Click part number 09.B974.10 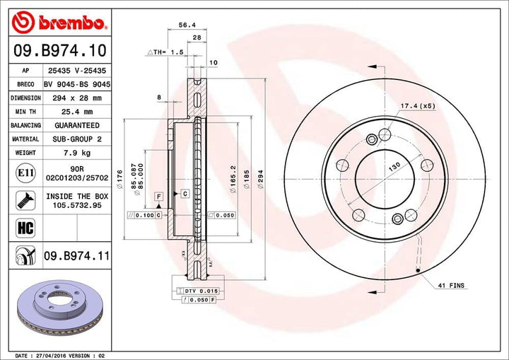pos(59,51)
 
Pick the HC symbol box pos(21,227)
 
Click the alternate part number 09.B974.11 pos(76,255)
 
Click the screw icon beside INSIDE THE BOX pos(21,200)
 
